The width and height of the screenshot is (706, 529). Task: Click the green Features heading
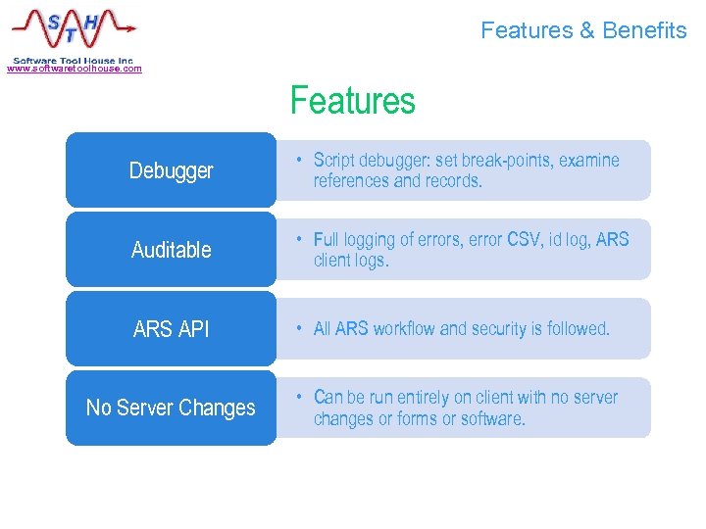coord(352,101)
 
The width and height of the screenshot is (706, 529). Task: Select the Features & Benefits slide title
coord(583,30)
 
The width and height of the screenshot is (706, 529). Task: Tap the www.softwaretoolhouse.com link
coord(75,69)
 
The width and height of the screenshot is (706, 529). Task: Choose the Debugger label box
coord(171,170)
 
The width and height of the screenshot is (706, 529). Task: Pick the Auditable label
coord(171,250)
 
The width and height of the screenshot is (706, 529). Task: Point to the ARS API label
coord(171,329)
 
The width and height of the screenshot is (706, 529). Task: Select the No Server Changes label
coord(171,408)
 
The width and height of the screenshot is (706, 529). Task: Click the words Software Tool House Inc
coord(73,60)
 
